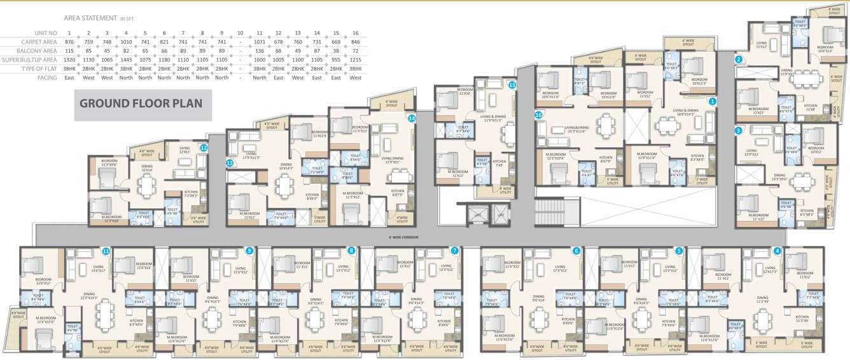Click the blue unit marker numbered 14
pos(412,118)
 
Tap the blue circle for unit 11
pos(106,251)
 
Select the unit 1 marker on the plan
pos(713,101)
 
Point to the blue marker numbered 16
pos(539,115)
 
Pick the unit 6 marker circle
pos(576,251)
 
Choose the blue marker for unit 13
pos(230,163)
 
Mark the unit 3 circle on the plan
pos(738,130)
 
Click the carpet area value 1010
pos(126,41)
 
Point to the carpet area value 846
pos(355,41)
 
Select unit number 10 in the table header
pos(240,32)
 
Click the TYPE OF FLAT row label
pos(39,69)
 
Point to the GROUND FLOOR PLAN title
pos(141,103)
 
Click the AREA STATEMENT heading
pos(91,19)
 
